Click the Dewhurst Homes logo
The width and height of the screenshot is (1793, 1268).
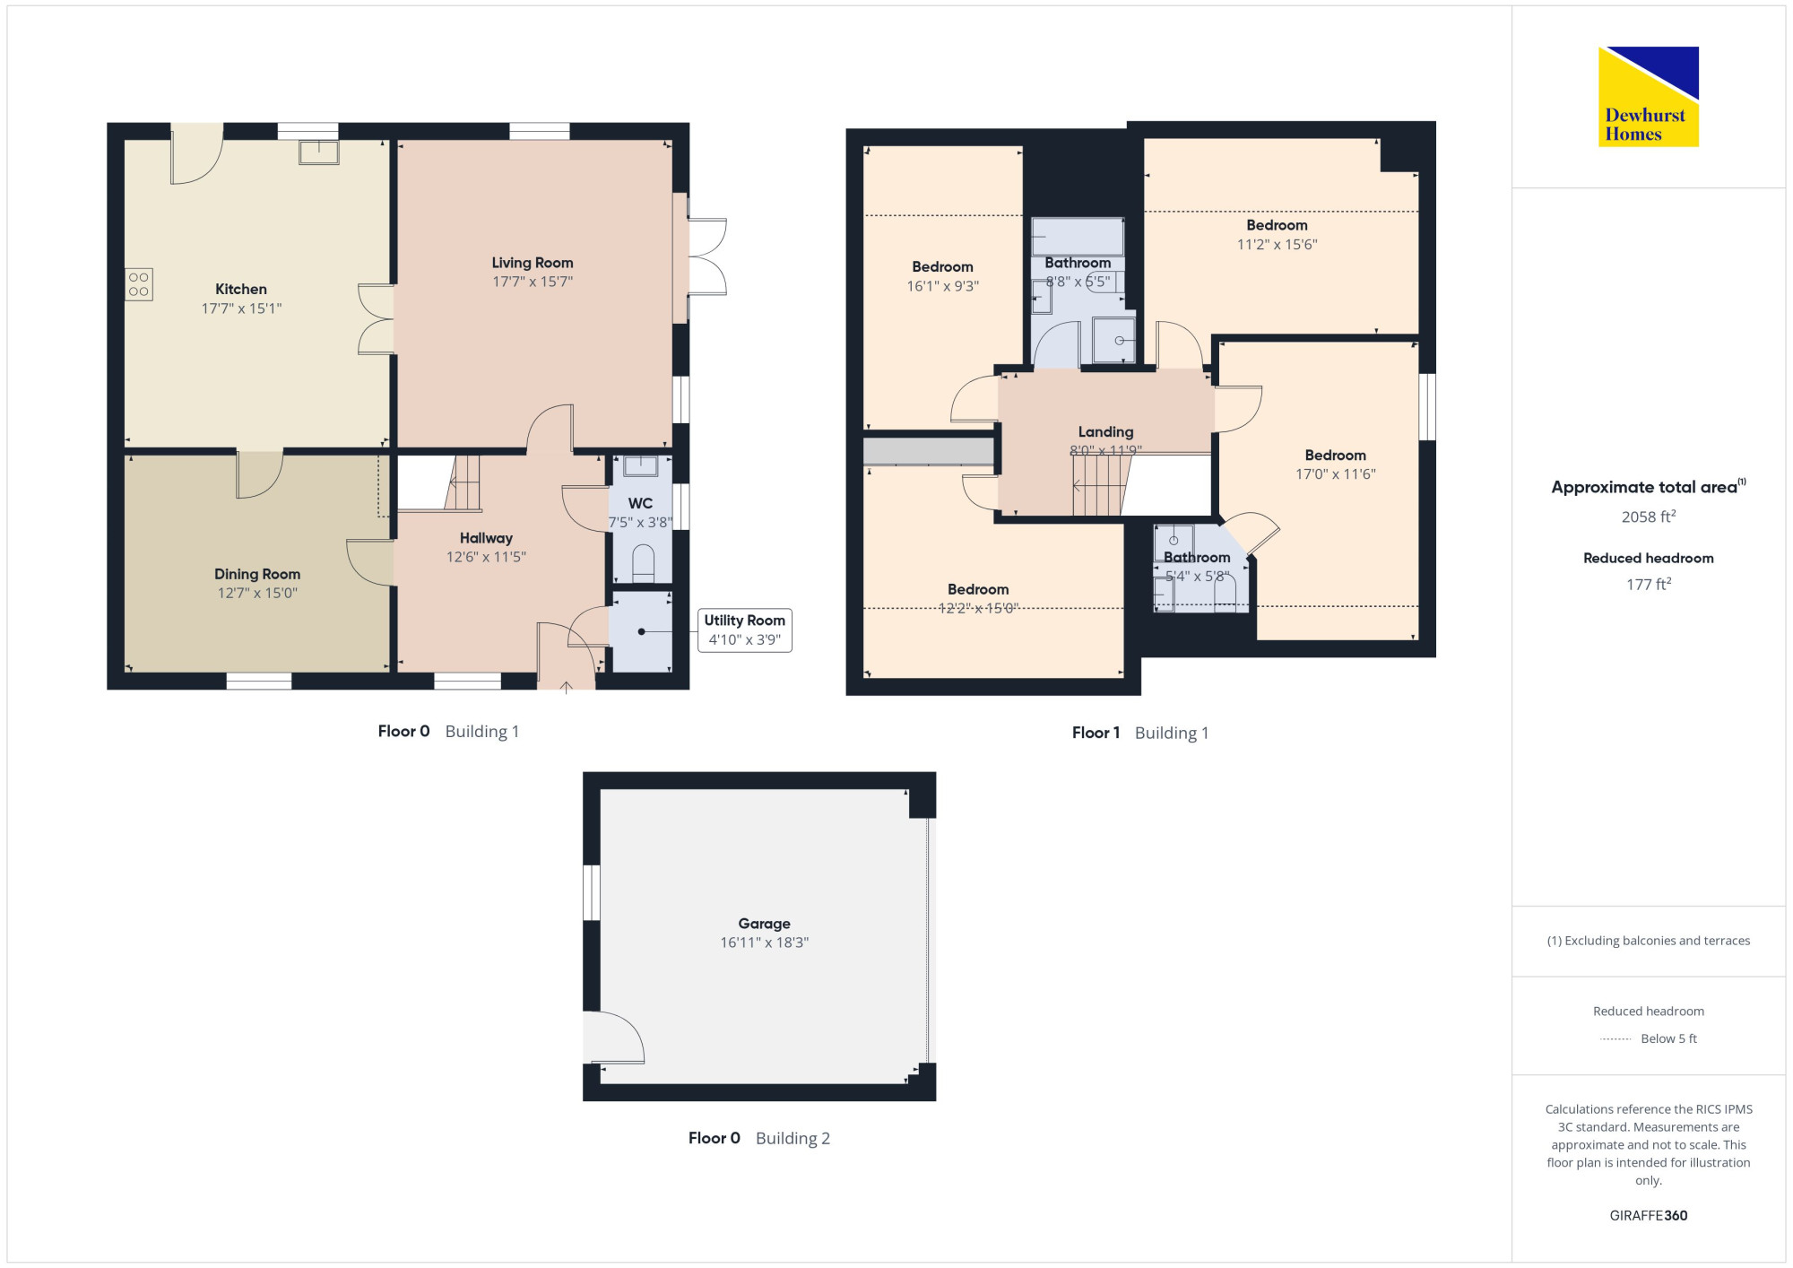coord(1649,97)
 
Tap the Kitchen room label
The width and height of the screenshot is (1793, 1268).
coord(241,290)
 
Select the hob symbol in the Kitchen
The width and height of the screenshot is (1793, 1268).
coord(139,284)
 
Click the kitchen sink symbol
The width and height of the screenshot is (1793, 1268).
coord(318,152)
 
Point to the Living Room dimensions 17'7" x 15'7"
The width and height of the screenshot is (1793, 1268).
coord(533,282)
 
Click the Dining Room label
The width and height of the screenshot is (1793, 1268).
coord(257,574)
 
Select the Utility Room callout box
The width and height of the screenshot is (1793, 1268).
coord(745,630)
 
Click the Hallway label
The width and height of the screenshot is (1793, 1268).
coord(486,538)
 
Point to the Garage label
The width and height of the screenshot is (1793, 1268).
coord(765,924)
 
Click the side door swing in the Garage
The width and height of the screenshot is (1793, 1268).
coord(614,1038)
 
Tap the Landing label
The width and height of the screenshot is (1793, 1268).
coord(1106,432)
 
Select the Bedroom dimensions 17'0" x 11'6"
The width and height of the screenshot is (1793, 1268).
coord(1336,474)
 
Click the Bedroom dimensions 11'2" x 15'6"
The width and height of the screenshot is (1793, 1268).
coord(1278,245)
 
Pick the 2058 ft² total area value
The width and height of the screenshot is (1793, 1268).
coord(1649,517)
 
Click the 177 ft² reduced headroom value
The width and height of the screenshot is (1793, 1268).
coord(1649,584)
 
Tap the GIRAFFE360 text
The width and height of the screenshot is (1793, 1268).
coord(1649,1216)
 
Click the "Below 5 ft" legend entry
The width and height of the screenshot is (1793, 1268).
coord(1669,1038)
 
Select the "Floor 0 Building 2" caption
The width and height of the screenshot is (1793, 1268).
coord(759,1138)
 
